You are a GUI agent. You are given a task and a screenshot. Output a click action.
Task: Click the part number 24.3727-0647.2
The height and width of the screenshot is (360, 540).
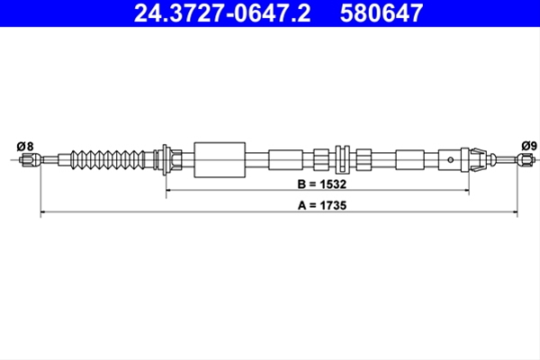(x=222, y=13)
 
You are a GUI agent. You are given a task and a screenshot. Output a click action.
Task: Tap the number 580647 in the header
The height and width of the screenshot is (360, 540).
(x=382, y=13)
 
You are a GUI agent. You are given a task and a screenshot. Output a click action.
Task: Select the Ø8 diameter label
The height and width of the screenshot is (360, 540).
(x=25, y=146)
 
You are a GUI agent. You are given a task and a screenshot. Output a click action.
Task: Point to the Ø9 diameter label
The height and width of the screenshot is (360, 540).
(x=529, y=146)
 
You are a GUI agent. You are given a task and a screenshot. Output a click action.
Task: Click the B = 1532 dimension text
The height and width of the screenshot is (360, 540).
(x=321, y=184)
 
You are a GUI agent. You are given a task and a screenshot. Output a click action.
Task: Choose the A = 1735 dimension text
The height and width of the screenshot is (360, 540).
(x=322, y=206)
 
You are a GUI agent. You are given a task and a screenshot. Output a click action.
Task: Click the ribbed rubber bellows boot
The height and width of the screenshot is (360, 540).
(x=108, y=160)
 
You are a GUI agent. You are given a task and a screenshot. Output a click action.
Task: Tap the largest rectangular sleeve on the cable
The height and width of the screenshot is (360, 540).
(x=220, y=160)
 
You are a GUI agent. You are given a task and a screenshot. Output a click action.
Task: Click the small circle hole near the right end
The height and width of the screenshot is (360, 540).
(x=451, y=159)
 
